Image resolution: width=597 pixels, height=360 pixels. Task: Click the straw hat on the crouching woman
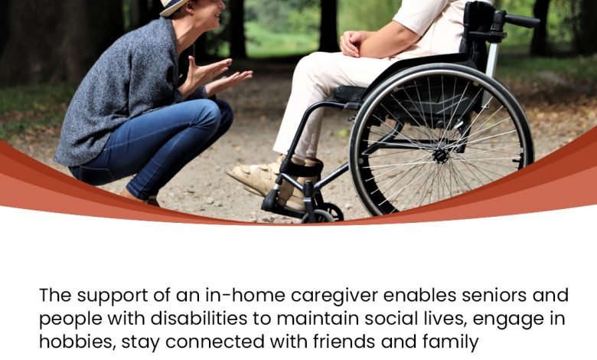(x=173, y=6)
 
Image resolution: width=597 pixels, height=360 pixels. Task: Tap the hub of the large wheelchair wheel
(x=441, y=155)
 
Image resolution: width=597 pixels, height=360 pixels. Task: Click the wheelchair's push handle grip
(x=522, y=21)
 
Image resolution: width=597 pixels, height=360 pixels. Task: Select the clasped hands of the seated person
(x=353, y=43)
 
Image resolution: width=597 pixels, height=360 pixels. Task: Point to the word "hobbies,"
(x=77, y=342)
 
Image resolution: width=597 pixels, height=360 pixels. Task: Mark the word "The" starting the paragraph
(x=55, y=295)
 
